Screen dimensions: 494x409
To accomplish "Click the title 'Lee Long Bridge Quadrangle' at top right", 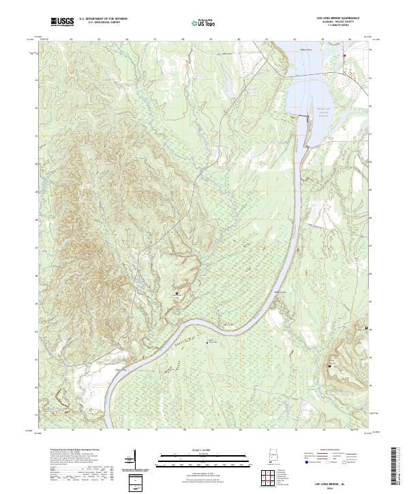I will point(337,16).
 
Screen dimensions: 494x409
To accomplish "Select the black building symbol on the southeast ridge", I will point(331,365).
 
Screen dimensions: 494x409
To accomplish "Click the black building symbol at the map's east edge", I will point(367,329).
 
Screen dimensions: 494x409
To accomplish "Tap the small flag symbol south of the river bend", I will point(209,341).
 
